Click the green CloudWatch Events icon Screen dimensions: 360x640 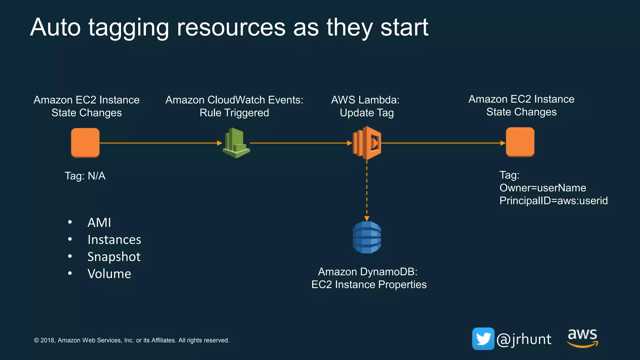pos(236,143)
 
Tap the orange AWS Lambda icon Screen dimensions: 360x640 pos(367,143)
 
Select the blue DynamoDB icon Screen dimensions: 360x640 pos(367,237)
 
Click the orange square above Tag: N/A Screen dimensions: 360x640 pos(85,142)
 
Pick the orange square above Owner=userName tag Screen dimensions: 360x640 pos(520,142)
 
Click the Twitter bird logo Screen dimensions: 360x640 pos(483,339)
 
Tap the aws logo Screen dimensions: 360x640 pos(582,337)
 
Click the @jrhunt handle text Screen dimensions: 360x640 pos(524,339)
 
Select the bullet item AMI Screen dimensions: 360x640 pos(99,222)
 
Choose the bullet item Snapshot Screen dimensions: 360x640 pos(114,257)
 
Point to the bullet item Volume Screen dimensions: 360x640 pos(109,274)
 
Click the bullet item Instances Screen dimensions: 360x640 pos(114,240)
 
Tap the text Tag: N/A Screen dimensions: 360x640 pos(85,176)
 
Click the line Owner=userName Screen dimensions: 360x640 pos(542,188)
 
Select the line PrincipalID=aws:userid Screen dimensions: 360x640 pos(553,201)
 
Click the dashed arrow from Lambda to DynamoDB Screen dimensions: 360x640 pos(367,191)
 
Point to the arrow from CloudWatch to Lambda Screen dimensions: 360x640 pos(300,143)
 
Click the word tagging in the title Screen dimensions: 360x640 pos(128,28)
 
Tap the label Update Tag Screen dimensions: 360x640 pos(367,113)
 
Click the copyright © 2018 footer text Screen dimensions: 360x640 pos(132,340)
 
